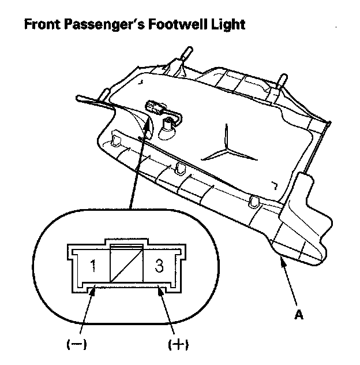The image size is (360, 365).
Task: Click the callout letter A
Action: (298, 315)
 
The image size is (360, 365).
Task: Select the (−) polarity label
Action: (76, 345)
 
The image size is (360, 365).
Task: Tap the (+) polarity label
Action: (179, 345)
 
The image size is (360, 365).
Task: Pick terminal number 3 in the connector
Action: (156, 266)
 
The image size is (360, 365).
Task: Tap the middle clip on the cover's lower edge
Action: (181, 168)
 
